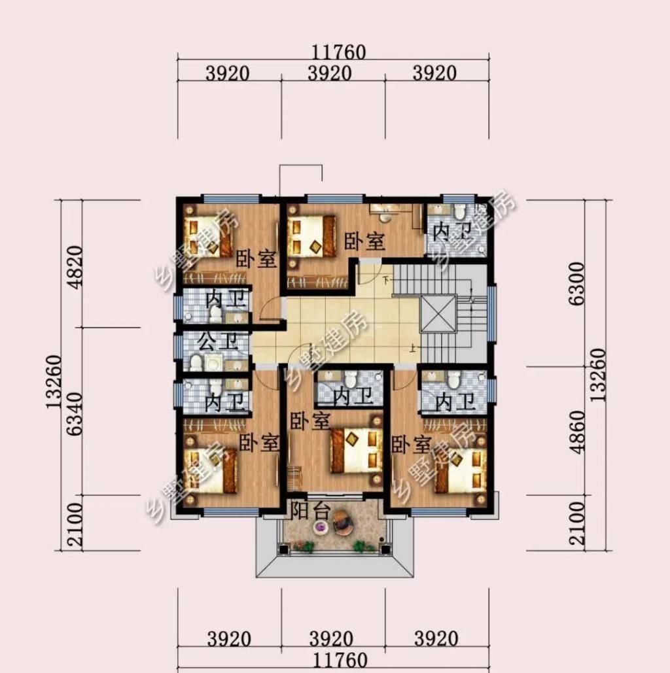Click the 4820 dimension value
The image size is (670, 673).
click(76, 267)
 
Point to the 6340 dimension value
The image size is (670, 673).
click(75, 414)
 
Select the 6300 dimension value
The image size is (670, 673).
click(577, 283)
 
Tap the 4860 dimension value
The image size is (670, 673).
click(578, 432)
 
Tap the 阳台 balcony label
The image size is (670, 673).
click(311, 511)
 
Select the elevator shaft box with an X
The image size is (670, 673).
click(437, 314)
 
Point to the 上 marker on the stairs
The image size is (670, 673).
click(412, 348)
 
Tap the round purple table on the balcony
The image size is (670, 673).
click(321, 527)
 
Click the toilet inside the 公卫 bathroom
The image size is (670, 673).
click(196, 363)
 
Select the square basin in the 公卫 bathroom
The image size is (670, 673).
click(213, 364)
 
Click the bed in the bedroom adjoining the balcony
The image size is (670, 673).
click(357, 451)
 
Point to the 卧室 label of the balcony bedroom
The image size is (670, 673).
click(310, 421)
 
